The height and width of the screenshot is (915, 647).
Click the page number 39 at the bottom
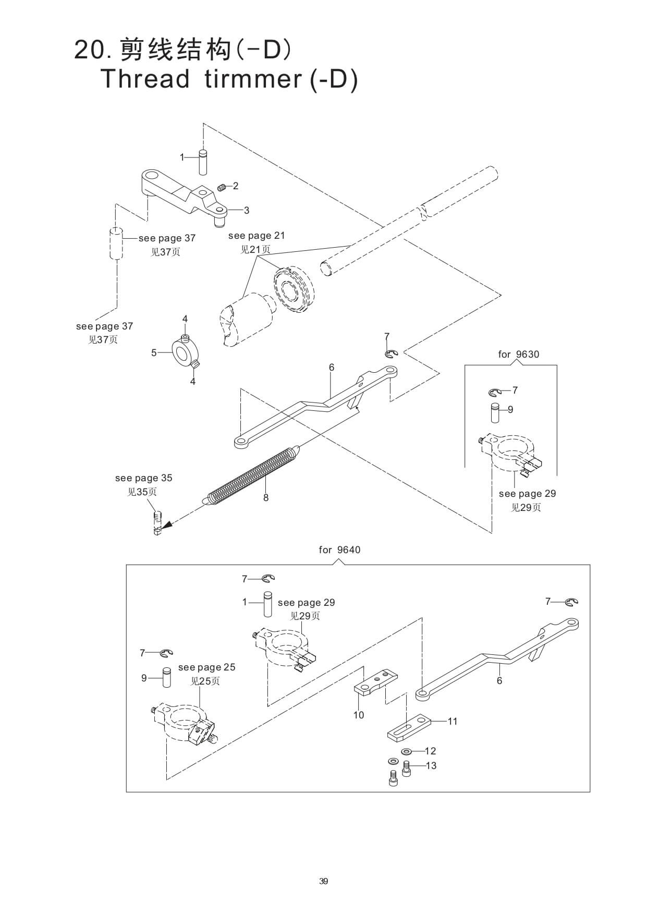[x=323, y=882]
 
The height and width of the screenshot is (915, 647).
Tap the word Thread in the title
[x=144, y=79]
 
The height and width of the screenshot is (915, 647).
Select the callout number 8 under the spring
[x=266, y=498]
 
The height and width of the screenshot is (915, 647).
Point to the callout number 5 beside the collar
[x=154, y=353]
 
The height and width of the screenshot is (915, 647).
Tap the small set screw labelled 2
[x=221, y=187]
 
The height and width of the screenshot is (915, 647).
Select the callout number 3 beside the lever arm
[x=247, y=211]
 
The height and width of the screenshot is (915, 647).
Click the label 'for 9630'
[x=518, y=355]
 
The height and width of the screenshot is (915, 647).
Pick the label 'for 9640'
[x=339, y=550]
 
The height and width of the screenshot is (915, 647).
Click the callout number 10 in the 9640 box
[x=359, y=715]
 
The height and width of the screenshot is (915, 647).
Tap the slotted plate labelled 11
[x=409, y=727]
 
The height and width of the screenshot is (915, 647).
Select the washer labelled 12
[x=407, y=751]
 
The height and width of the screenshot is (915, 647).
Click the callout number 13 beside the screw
[x=431, y=766]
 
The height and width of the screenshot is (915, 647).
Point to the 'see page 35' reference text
[x=143, y=478]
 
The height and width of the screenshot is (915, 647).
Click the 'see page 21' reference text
[x=257, y=236]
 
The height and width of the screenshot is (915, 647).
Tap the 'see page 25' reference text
[x=206, y=667]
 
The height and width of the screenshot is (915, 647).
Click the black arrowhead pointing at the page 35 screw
[x=166, y=529]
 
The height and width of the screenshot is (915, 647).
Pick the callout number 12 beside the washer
[x=430, y=751]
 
